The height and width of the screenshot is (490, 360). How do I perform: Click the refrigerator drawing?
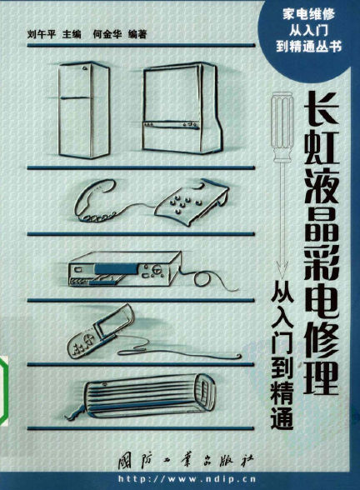click(x=83, y=110)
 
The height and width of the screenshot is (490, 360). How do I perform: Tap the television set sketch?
click(x=182, y=107)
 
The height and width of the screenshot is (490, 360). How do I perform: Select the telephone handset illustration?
click(x=93, y=200)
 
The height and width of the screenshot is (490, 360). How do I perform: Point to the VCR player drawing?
click(x=125, y=268)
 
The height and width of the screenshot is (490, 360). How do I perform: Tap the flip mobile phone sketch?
click(x=101, y=332)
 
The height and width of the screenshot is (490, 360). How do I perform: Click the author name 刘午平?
click(x=42, y=34)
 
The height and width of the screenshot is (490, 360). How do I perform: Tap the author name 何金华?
click(x=107, y=34)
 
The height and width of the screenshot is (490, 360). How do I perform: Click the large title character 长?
click(x=322, y=108)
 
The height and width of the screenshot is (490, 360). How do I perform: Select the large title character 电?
click(x=322, y=297)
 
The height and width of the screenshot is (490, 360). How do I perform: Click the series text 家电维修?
click(x=308, y=15)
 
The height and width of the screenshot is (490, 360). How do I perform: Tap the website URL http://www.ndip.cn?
click(x=187, y=479)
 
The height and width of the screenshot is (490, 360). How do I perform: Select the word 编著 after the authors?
click(x=137, y=34)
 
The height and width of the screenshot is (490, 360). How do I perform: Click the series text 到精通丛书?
click(x=308, y=47)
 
